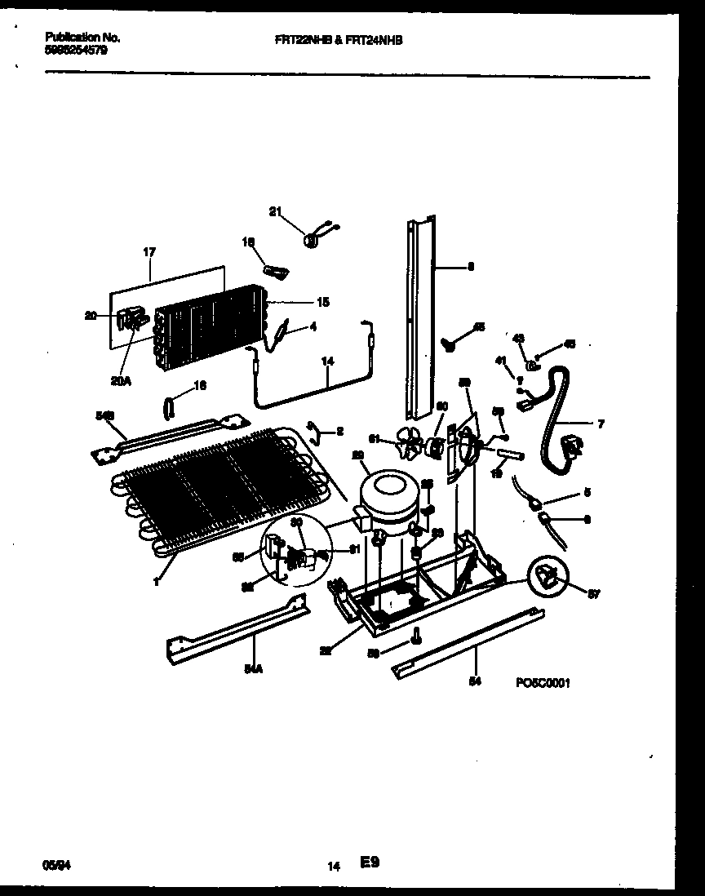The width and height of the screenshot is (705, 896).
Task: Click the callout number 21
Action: click(274, 213)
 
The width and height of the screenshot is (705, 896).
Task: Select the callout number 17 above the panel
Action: click(149, 252)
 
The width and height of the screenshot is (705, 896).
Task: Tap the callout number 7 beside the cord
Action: click(601, 424)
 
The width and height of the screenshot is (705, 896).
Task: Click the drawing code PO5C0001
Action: click(543, 683)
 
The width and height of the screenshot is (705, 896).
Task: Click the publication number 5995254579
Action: click(74, 50)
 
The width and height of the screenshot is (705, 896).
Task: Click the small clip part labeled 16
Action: click(169, 405)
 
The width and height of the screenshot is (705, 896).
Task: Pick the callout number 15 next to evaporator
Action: click(322, 303)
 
